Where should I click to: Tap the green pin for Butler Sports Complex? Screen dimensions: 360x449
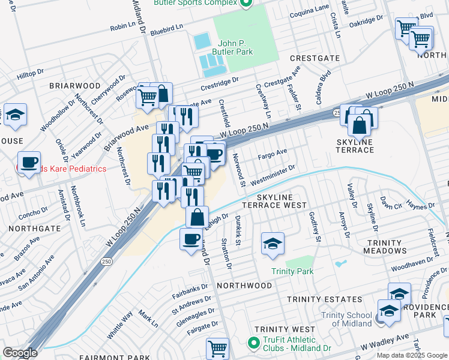245,4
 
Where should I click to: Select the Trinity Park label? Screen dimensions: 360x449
292,272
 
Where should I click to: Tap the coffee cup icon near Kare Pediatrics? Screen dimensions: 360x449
29,162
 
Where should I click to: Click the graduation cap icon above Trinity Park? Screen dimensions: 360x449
273,244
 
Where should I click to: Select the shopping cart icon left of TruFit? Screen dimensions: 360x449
217,348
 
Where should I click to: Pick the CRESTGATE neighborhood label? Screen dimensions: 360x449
315,58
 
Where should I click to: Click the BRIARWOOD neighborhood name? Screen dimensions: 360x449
74,86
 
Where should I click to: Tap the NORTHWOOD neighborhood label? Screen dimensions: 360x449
244,286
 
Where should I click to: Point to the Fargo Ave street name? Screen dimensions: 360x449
273,154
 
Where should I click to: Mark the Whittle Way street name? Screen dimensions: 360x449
119,325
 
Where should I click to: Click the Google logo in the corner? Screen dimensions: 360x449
20,353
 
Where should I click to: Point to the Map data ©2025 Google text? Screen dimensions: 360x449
412,355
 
